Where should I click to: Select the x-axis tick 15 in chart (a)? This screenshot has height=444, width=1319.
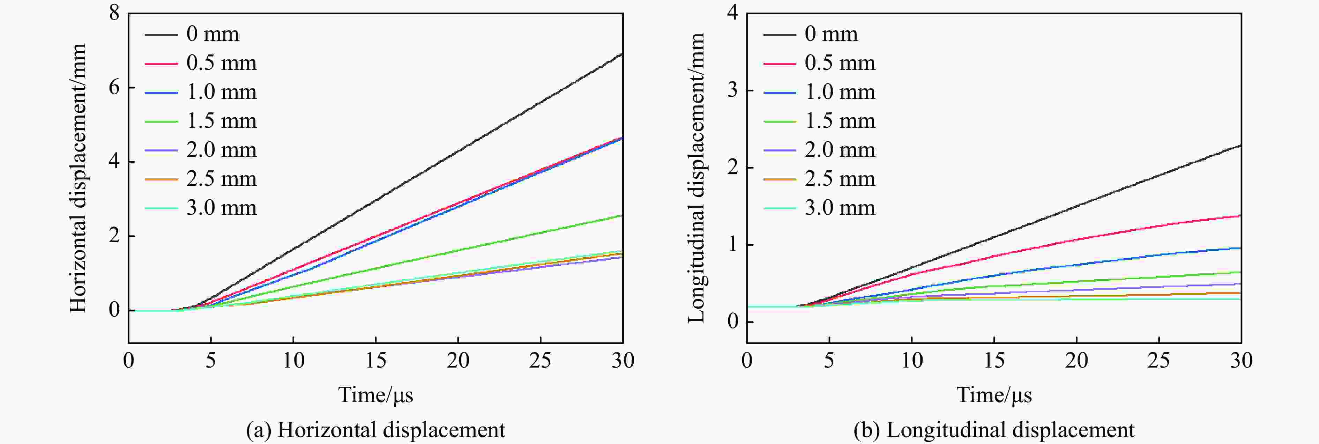pyautogui.click(x=376, y=361)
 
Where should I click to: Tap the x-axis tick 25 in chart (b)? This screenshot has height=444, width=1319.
pyautogui.click(x=1159, y=361)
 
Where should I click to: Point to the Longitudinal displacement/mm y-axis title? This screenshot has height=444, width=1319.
pyautogui.click(x=696, y=178)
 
